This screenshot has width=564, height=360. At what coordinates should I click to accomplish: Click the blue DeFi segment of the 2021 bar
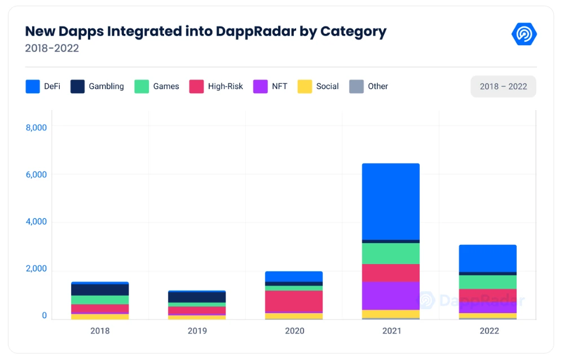pos(391,201)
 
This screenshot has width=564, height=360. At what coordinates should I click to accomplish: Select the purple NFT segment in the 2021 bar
pos(391,296)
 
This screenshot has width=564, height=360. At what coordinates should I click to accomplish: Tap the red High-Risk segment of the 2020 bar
pos(294,301)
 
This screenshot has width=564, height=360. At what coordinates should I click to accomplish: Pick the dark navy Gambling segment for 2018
pos(100,289)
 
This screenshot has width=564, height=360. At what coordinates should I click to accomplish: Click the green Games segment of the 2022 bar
pos(488,282)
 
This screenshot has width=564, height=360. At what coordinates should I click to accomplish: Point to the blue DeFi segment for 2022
pos(488,258)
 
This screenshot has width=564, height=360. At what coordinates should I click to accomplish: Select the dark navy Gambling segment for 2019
pos(197,297)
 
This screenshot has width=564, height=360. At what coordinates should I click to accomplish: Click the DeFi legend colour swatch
pos(33,86)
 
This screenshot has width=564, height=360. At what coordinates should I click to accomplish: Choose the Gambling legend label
pos(106,86)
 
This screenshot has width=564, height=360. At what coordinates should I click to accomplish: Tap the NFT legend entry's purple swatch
pos(261,86)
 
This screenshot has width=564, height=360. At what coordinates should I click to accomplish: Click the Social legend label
pos(327,86)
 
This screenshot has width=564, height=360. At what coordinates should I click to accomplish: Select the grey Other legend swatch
pos(356,86)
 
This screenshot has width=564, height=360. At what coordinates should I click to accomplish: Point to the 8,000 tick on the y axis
pos(36,128)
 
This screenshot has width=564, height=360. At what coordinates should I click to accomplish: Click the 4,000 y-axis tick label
pos(36,222)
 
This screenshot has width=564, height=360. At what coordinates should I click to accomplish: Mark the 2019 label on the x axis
pos(197,331)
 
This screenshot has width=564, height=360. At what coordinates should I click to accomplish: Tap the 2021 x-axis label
pos(391,331)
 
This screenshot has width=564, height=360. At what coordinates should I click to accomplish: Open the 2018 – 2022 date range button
pos(503,86)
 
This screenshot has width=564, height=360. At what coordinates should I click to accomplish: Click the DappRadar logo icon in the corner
pos(524,34)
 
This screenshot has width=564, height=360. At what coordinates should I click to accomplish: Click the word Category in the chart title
pos(354,31)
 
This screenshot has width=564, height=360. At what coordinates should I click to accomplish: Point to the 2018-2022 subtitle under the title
pos(52,49)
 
